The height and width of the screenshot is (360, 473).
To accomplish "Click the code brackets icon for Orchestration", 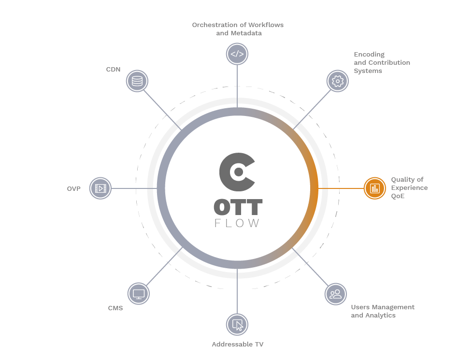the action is (x=237, y=54).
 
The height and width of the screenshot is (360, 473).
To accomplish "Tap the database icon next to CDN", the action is (x=137, y=81).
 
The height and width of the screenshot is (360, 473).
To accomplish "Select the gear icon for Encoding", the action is (x=338, y=81).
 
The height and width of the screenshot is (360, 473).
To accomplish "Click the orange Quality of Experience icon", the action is (x=374, y=188).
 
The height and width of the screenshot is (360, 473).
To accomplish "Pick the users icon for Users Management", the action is (x=335, y=294).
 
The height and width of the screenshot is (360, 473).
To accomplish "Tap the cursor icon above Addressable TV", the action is (x=237, y=325).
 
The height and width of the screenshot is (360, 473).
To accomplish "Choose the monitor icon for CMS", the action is (x=139, y=294).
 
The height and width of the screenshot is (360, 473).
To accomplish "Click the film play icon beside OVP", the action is (x=100, y=188).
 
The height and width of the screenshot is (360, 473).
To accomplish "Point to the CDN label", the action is (x=113, y=70).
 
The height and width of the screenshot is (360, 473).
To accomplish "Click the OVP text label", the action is (x=73, y=188).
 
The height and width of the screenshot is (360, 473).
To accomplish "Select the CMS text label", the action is (x=115, y=308).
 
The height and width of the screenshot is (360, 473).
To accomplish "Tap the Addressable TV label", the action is (x=238, y=345).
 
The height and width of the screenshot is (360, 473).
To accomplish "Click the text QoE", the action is (x=398, y=196).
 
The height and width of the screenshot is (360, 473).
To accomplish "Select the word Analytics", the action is (x=381, y=316).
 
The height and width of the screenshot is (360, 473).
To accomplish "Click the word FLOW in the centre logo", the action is (x=237, y=223).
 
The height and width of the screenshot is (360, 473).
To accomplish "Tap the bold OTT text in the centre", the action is (x=238, y=207).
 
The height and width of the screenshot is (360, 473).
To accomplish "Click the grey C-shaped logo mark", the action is (x=237, y=172).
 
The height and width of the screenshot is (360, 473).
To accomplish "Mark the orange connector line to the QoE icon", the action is (x=341, y=188).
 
